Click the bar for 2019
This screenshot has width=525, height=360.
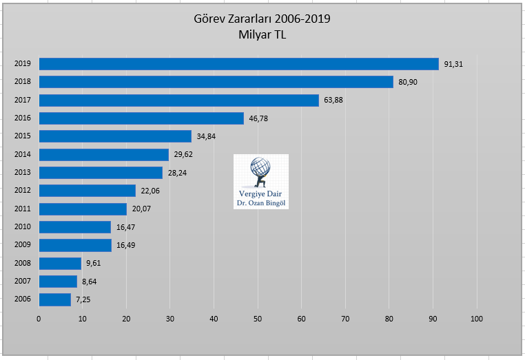coord(238,64)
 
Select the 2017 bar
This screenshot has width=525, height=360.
coord(179,100)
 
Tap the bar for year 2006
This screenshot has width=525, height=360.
coord(55,299)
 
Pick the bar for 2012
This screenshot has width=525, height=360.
coord(87,191)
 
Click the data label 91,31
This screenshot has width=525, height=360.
coord(453,64)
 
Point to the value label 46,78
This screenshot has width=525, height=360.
coord(258,118)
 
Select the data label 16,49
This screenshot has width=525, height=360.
coord(125,245)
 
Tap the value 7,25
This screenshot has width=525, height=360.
coord(85,299)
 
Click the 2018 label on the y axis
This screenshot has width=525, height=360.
coord(22,82)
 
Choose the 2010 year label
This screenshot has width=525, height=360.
coord(22,227)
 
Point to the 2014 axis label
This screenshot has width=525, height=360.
coord(22,155)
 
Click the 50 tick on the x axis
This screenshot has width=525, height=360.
coord(258,319)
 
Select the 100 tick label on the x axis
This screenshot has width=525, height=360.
coord(476,319)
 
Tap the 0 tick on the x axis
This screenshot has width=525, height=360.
coord(39,319)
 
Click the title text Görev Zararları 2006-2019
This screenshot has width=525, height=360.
coord(262,19)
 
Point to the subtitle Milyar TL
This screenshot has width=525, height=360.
coord(262,34)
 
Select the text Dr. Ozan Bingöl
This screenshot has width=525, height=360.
coord(261,204)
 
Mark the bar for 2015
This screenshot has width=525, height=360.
coord(115,136)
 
